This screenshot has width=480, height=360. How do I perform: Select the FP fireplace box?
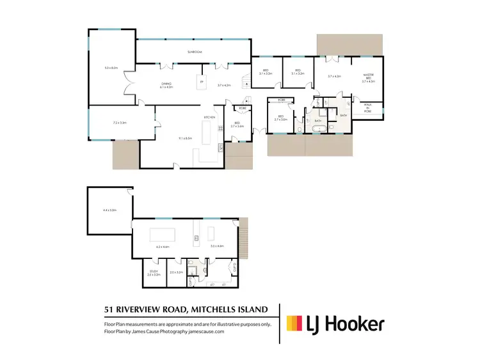[202, 82]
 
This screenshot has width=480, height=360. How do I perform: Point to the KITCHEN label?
[209, 118]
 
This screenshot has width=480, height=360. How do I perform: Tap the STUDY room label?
[154, 271]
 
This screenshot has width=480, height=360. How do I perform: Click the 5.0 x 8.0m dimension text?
[111, 68]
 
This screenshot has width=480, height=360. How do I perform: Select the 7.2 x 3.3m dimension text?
[120, 122]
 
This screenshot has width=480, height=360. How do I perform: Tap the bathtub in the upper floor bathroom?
[317, 129]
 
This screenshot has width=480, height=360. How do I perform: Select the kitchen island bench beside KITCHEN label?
[208, 135]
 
